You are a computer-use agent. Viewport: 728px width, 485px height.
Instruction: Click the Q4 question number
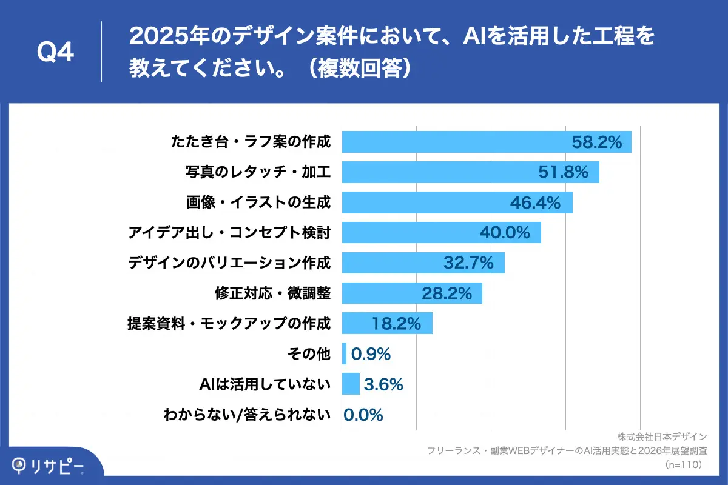tap(55, 53)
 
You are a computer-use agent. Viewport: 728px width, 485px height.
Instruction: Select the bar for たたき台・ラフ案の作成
tap(455, 142)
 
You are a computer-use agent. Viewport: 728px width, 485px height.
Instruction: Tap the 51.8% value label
tap(564, 172)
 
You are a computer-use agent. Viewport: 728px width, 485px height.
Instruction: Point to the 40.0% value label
tap(505, 232)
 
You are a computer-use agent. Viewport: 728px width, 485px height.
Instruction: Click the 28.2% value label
tap(447, 293)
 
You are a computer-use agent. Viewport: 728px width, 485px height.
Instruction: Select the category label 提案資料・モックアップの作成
tap(229, 323)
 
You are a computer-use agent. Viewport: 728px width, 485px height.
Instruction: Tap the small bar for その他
tap(345, 353)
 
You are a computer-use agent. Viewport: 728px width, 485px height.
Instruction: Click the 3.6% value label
tap(383, 384)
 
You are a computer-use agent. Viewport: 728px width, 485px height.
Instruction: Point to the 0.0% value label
tap(363, 415)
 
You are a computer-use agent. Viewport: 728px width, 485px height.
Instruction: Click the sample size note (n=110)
tap(683, 464)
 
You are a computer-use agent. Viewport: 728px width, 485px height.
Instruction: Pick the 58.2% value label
tap(597, 142)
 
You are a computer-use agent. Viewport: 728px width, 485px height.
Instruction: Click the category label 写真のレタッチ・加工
tap(258, 172)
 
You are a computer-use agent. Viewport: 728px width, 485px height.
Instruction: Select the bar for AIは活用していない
tap(351, 384)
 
